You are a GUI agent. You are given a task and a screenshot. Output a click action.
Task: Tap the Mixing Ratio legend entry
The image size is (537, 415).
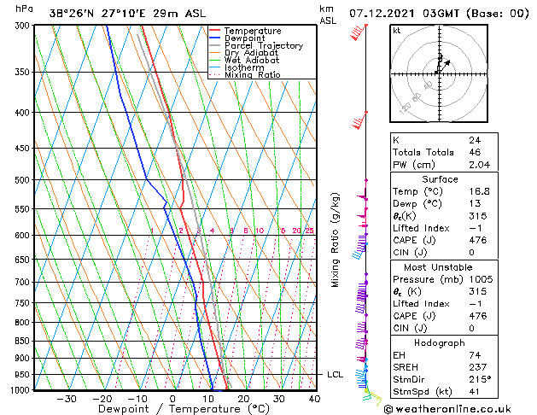tap(252, 75)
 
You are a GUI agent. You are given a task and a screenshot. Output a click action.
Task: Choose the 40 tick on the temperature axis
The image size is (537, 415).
tap(315, 399)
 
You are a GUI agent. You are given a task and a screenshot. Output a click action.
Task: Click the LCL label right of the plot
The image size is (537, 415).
tap(336, 375)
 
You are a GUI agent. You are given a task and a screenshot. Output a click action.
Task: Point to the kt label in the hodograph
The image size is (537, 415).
tap(396, 30)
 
